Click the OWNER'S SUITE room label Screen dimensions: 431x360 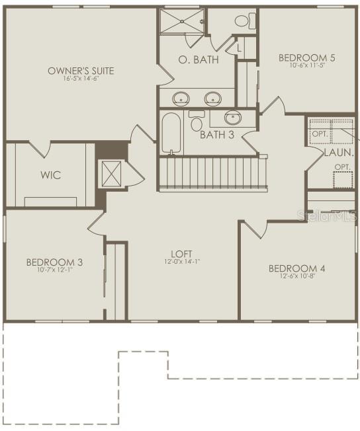point(81,70)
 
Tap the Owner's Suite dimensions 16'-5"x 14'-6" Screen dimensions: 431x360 point(81,79)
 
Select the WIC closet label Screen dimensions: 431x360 point(50,175)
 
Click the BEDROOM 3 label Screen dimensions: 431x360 point(54,262)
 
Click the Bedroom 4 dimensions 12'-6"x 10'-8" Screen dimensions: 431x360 point(296,276)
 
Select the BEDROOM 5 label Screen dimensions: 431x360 point(306,58)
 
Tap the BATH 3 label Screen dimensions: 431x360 point(217,134)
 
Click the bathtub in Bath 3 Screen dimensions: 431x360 point(171,132)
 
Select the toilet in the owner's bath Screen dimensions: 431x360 point(242,21)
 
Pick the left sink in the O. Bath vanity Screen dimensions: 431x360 point(181,99)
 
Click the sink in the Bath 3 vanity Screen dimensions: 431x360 point(232,118)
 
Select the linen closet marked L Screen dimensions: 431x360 point(238,48)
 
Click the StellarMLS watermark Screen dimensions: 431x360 point(327,216)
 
